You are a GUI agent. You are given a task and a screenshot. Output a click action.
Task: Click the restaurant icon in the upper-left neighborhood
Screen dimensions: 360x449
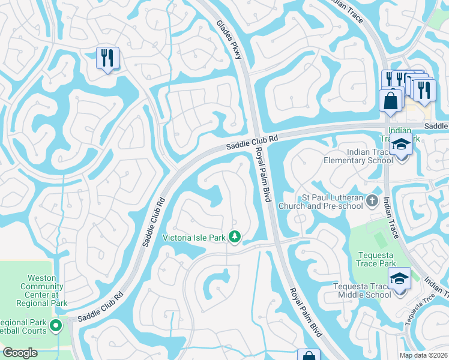(107, 58)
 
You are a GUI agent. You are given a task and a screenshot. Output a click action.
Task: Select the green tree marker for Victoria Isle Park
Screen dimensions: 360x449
(235, 238)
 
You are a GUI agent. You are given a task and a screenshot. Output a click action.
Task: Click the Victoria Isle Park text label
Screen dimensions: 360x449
(194, 238)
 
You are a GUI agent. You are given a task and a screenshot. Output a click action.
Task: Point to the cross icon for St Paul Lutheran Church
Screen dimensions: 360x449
(372, 201)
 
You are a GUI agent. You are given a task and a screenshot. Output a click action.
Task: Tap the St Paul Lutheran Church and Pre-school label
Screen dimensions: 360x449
(333, 202)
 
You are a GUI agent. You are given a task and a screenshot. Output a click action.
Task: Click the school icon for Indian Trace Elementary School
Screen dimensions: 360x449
(400, 146)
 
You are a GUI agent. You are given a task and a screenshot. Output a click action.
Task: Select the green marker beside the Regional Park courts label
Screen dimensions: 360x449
(56, 326)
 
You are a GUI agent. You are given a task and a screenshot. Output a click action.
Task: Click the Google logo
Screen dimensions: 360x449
(20, 353)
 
